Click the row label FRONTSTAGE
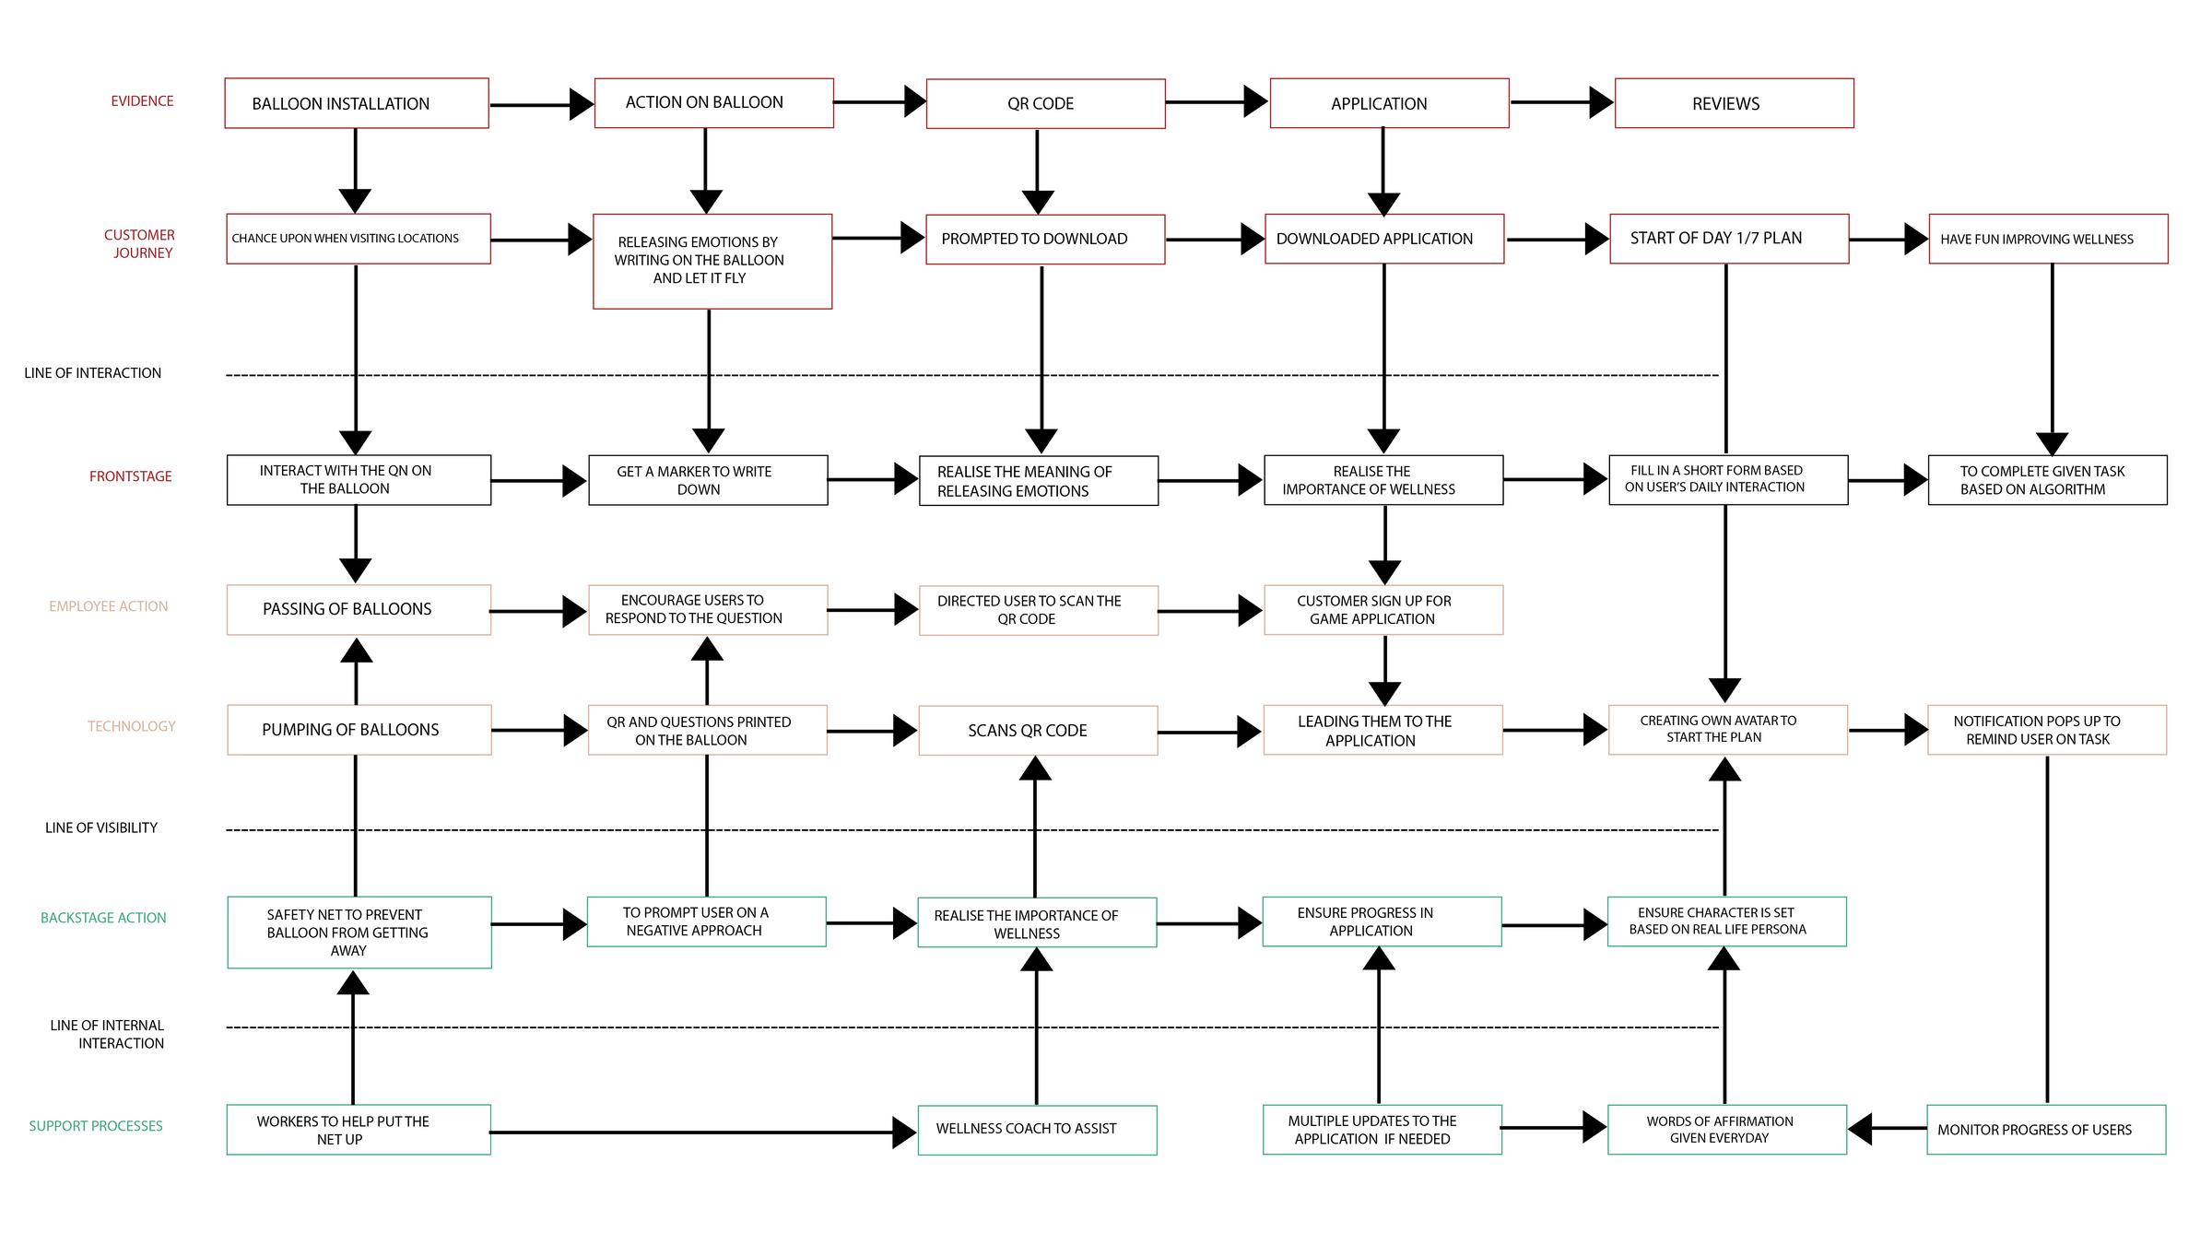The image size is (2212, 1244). (x=131, y=476)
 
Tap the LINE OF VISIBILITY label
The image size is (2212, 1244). (x=101, y=827)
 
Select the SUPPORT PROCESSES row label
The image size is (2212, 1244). (x=96, y=1126)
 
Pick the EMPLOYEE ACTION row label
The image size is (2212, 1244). (x=109, y=606)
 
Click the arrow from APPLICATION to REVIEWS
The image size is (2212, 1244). (x=1562, y=102)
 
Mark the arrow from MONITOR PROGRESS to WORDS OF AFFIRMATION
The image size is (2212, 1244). (x=1888, y=1128)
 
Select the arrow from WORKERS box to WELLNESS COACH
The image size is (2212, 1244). (x=704, y=1133)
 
